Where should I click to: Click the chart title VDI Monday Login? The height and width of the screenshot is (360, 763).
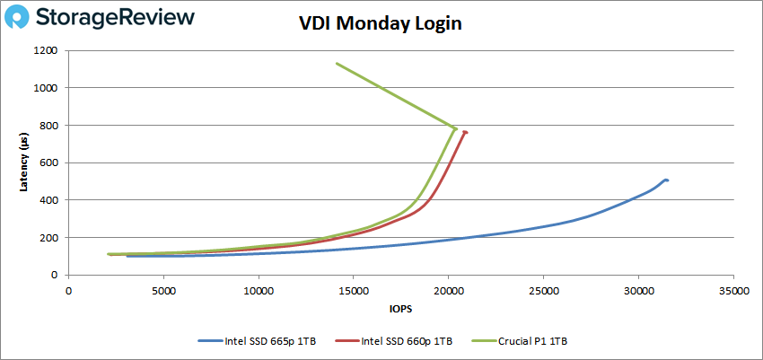[381, 24]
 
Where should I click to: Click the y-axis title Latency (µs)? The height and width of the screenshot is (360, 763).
[24, 162]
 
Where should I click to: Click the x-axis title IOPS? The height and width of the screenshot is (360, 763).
[400, 309]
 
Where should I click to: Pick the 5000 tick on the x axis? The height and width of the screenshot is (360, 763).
[163, 291]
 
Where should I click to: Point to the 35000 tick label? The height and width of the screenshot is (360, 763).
[732, 291]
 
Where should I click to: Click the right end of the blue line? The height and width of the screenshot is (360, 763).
[668, 180]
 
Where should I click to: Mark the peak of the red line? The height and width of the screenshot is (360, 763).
[466, 132]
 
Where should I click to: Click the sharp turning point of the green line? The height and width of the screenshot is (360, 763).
[456, 128]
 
